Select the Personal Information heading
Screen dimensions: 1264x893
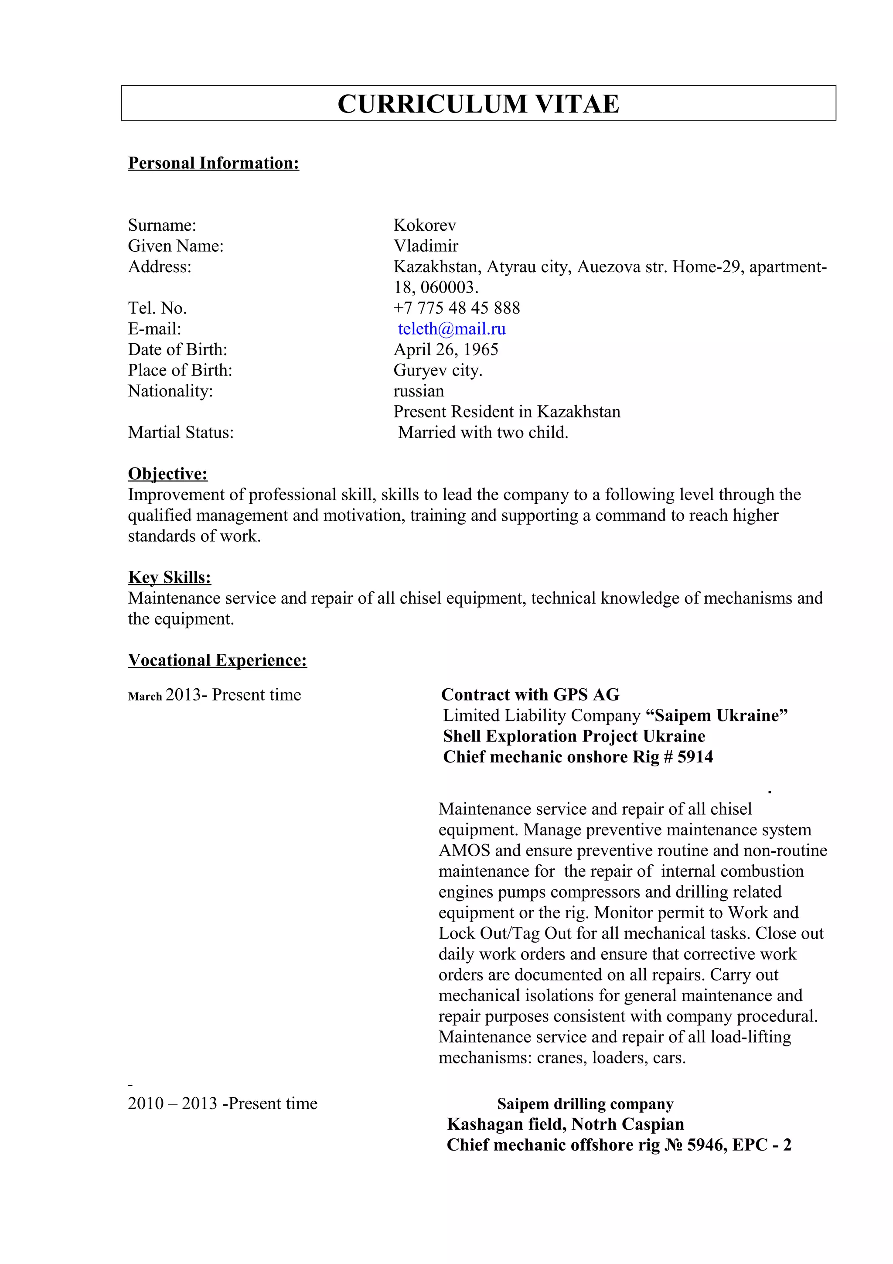coord(214,163)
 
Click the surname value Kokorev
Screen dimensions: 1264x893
coord(424,225)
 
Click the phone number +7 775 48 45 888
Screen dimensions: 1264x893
coord(456,308)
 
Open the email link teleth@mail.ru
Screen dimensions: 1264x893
coord(451,329)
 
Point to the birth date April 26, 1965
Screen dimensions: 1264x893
coord(446,349)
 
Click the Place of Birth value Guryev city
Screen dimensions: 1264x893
coord(437,370)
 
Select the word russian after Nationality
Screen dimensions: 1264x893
coord(418,391)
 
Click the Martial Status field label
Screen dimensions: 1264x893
coord(181,432)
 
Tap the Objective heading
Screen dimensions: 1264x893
coord(168,473)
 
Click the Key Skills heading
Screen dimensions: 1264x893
coord(170,577)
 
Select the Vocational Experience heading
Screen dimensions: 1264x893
coord(217,660)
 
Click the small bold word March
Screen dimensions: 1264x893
coord(145,697)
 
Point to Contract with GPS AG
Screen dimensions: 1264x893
coord(530,695)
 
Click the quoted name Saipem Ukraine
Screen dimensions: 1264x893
coord(716,716)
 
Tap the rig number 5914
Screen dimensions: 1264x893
coord(695,757)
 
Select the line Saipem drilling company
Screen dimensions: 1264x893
coord(585,1104)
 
